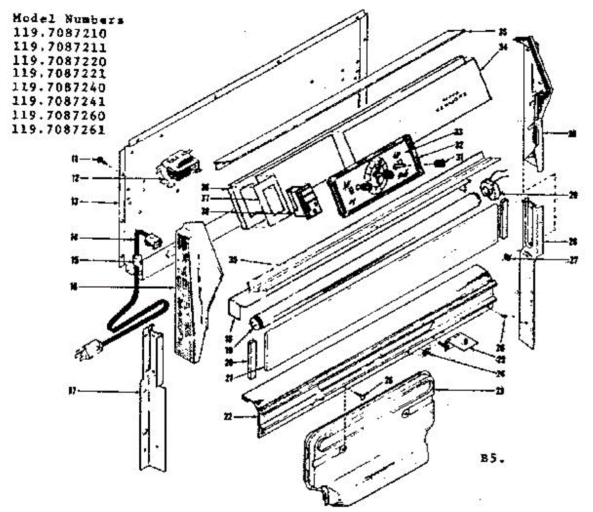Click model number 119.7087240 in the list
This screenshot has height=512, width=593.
59,88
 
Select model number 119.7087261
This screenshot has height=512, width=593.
59,130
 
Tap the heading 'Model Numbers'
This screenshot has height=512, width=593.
68,20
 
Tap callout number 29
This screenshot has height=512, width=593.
573,195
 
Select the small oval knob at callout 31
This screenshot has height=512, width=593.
439,163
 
